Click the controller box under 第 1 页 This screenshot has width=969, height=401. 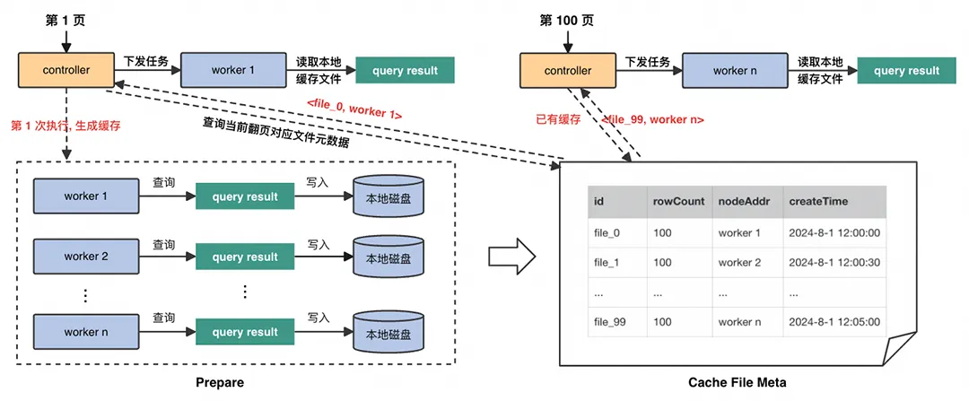(x=65, y=70)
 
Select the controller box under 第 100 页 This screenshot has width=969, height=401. (x=568, y=71)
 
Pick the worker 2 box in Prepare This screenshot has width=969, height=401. (x=86, y=257)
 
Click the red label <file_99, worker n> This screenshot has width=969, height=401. (x=652, y=119)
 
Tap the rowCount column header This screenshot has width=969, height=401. (x=679, y=201)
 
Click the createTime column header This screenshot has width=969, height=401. (x=818, y=201)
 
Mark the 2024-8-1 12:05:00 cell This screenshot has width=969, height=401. (x=834, y=322)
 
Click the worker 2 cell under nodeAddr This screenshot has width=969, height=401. (x=739, y=262)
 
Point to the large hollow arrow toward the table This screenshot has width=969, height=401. (x=511, y=257)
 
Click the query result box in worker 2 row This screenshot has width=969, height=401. (x=245, y=257)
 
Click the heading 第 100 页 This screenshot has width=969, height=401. (x=565, y=21)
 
